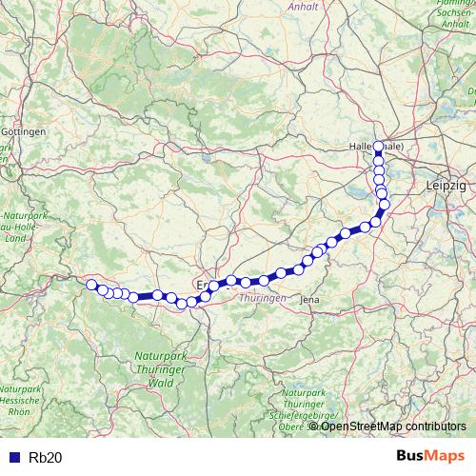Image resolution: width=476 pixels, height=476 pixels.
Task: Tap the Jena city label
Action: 309,300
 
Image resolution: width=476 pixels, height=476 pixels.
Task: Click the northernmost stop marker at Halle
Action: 378,147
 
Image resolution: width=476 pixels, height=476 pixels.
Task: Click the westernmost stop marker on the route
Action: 91,285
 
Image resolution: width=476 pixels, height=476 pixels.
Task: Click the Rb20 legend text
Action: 46,457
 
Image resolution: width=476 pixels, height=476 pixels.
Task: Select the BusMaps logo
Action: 430,456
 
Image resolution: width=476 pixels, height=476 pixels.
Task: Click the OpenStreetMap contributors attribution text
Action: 393,426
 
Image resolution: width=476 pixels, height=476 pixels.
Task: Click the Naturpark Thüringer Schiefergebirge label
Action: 311,405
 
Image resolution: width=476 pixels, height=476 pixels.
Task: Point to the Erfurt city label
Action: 203,284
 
